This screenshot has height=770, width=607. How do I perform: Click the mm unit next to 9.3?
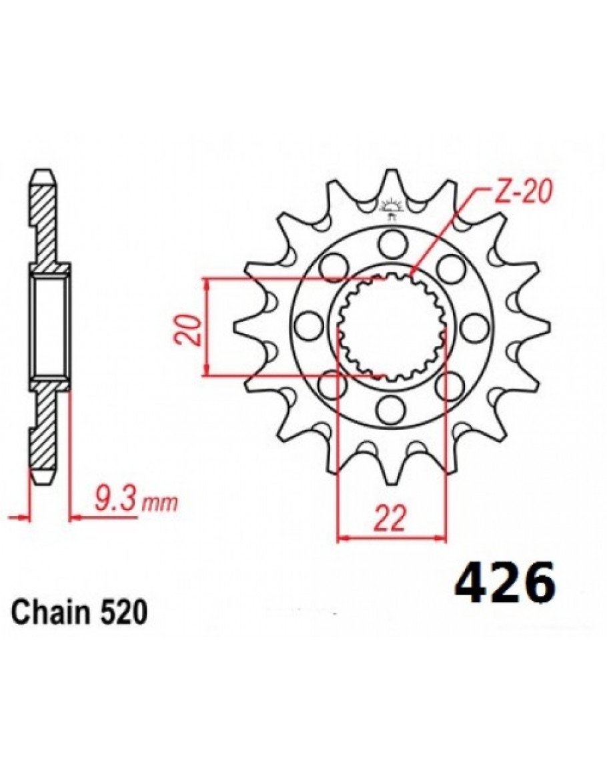click(x=159, y=504)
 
